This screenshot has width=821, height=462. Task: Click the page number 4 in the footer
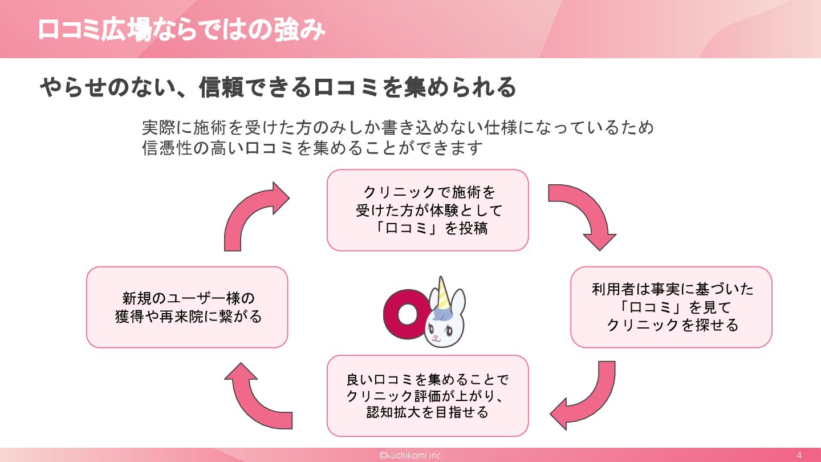coord(799,455)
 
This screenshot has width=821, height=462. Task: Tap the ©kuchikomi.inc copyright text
coord(410,455)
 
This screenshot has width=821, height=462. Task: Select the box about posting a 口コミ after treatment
coord(428,210)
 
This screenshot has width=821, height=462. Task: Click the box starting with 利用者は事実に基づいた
coord(671,307)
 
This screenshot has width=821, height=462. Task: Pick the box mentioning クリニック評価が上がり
coord(428,395)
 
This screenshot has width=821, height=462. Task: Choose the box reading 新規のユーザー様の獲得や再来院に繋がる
coord(187,307)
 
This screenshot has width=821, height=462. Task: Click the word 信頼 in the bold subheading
coord(226,88)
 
